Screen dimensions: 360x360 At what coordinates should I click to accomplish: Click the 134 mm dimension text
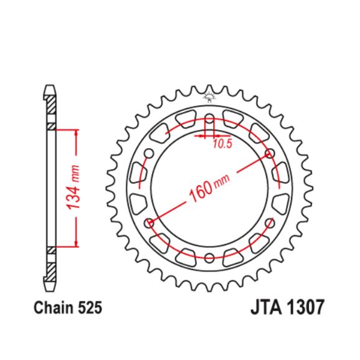(75, 187)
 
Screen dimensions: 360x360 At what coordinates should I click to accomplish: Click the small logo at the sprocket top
(209, 97)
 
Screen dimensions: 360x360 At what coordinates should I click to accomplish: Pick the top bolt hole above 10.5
(209, 120)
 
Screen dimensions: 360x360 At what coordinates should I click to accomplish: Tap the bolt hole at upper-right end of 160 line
(269, 153)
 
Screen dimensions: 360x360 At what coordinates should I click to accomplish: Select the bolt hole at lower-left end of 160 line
(148, 222)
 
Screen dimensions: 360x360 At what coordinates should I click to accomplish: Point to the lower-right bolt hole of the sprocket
(269, 222)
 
